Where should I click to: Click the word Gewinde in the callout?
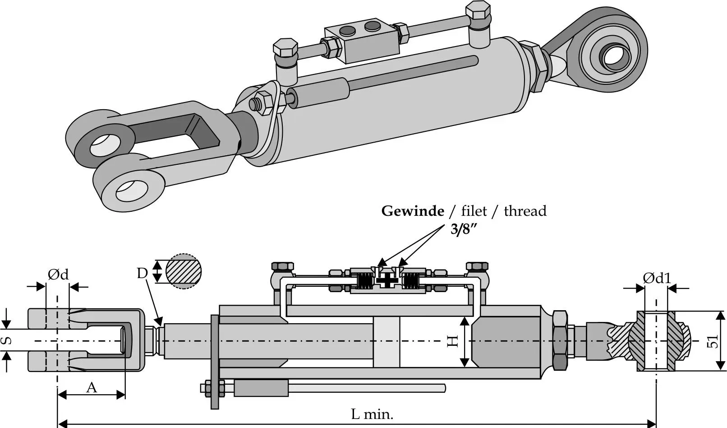point(413,211)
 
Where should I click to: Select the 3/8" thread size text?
point(464,229)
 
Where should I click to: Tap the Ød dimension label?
point(58,274)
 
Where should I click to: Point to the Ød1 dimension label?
point(657,278)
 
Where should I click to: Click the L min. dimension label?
point(372,414)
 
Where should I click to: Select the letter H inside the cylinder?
point(452,341)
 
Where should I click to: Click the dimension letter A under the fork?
point(92,387)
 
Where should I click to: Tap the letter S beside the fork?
point(7,341)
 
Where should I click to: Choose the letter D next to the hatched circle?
point(142,273)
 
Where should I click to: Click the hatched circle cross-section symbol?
point(183,271)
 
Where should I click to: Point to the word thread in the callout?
point(525,211)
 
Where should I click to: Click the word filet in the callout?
point(474,211)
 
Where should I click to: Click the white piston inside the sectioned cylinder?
point(387,342)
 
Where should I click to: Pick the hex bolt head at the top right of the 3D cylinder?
point(478,10)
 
